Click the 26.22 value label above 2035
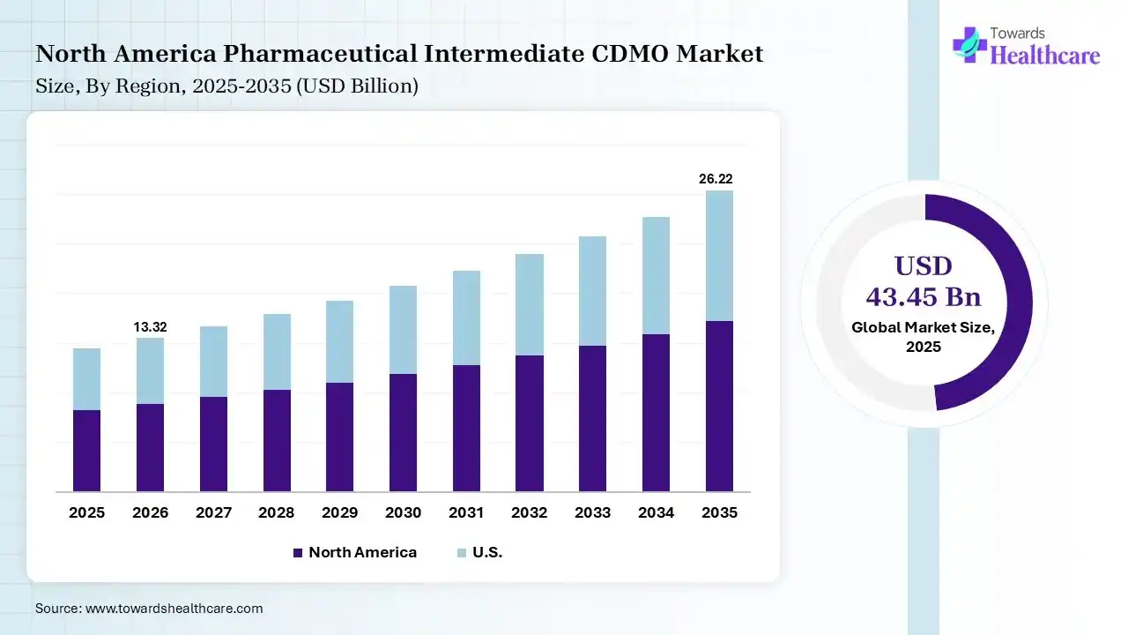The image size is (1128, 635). pyautogui.click(x=716, y=179)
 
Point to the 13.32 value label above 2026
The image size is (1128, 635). pyautogui.click(x=150, y=327)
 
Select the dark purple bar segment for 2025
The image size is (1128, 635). pyautogui.click(x=86, y=450)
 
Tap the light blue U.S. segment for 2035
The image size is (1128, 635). pyautogui.click(x=719, y=256)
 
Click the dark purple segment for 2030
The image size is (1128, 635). pyautogui.click(x=403, y=432)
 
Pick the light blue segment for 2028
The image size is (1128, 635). pyautogui.click(x=277, y=352)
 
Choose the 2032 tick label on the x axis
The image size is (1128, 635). pyautogui.click(x=530, y=512)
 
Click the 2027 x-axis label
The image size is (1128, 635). pyautogui.click(x=213, y=512)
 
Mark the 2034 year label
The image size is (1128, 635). pyautogui.click(x=656, y=512)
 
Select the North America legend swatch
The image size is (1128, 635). pyautogui.click(x=298, y=553)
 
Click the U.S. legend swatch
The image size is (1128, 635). pyautogui.click(x=462, y=553)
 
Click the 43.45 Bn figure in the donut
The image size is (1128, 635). pyautogui.click(x=924, y=296)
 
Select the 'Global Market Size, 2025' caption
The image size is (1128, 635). pyautogui.click(x=924, y=337)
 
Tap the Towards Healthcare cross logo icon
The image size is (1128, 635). pyautogui.click(x=969, y=44)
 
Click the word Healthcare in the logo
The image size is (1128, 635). pyautogui.click(x=1045, y=56)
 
